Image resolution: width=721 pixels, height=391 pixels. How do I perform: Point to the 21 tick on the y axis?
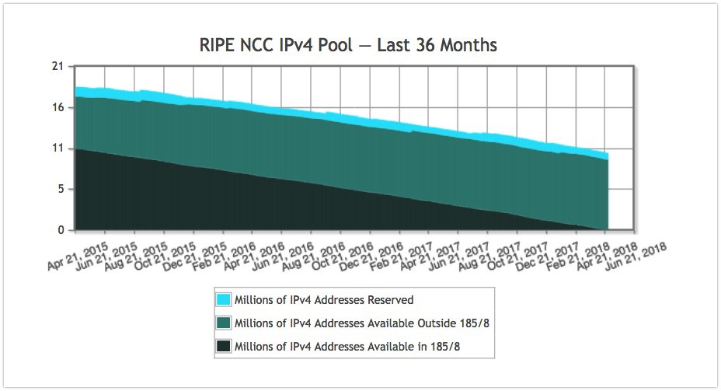[57, 66]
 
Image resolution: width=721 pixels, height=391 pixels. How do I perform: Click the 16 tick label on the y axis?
[57, 107]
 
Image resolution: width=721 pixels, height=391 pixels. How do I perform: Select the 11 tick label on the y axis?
[57, 148]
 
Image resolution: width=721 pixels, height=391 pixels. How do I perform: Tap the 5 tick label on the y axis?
[59, 189]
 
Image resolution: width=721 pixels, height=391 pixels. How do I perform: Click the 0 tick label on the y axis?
[59, 230]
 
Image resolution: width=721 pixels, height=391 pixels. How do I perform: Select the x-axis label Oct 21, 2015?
[164, 253]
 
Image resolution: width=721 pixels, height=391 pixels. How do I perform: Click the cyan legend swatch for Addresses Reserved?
[224, 299]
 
